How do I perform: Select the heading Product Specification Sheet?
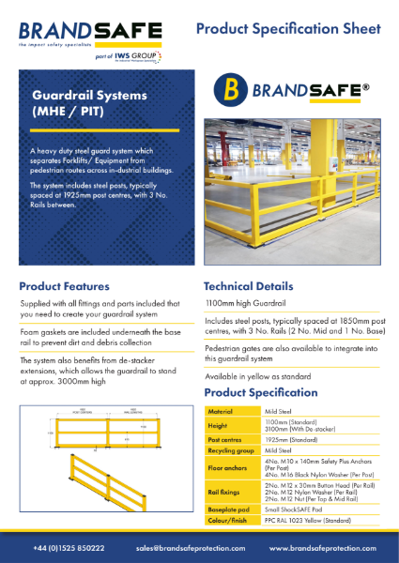288,31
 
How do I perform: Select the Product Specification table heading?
261,391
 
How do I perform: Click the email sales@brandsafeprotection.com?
191,547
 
